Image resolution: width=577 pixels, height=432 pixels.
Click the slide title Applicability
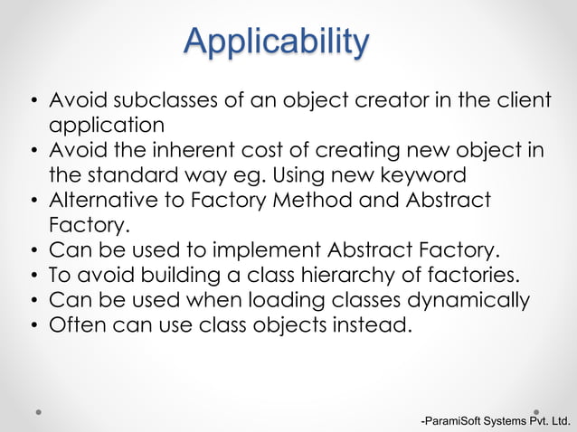point(276,42)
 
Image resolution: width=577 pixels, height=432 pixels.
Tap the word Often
point(77,324)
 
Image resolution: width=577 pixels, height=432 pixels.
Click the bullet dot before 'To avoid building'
point(33,276)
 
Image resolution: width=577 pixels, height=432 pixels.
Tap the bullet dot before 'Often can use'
point(33,325)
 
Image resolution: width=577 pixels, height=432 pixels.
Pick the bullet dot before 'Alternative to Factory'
point(33,200)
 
